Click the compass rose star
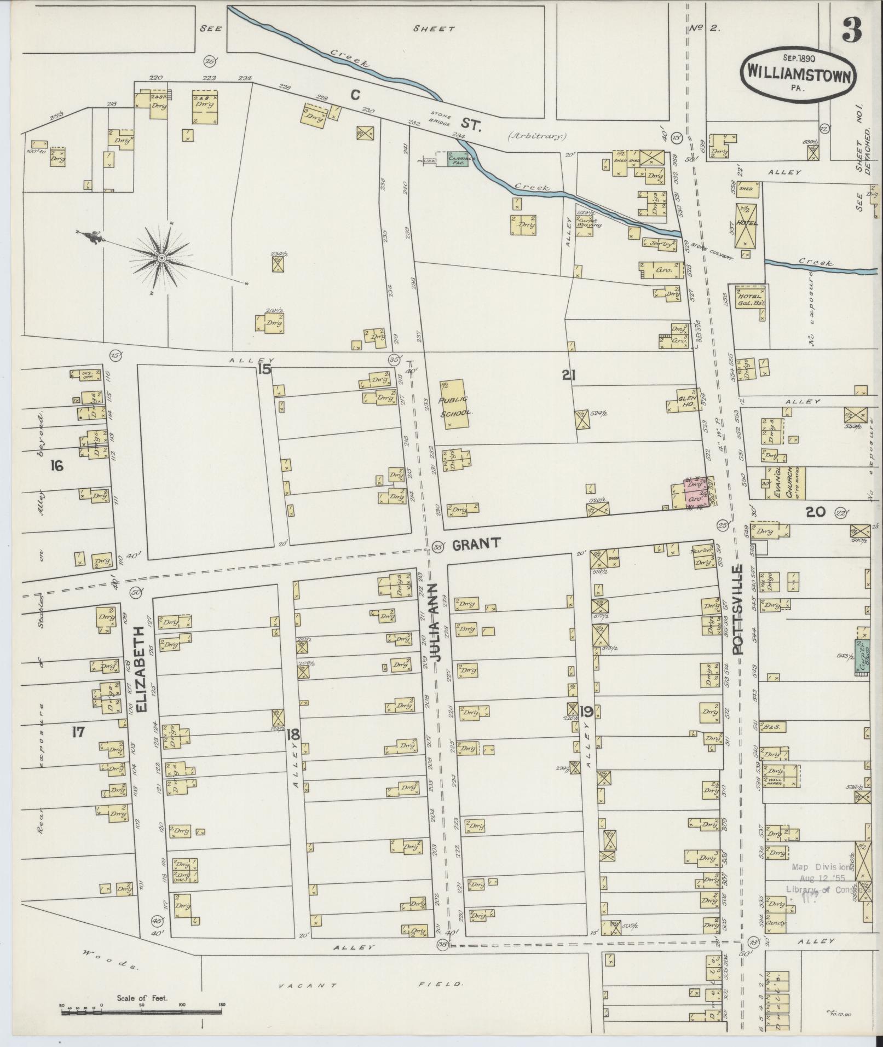click(163, 257)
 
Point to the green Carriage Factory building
click(456, 159)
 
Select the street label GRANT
click(475, 543)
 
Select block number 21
click(569, 375)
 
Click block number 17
click(78, 732)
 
